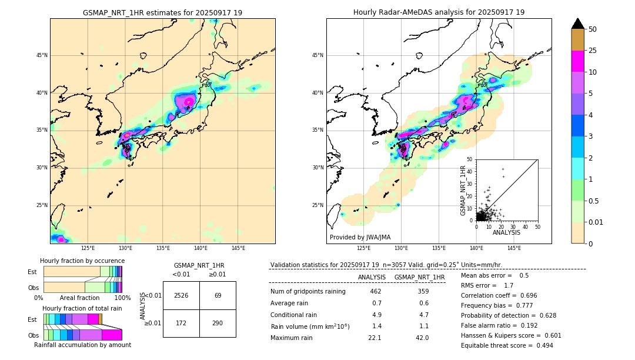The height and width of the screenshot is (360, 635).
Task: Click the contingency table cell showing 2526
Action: click(x=181, y=295)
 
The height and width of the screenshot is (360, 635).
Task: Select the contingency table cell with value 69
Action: click(x=218, y=295)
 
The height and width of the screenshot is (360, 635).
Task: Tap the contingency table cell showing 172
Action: click(x=181, y=324)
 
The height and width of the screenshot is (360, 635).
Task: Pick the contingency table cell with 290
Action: click(x=218, y=324)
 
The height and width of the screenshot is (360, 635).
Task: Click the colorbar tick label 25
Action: click(x=593, y=51)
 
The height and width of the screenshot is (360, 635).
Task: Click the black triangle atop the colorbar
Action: click(x=578, y=24)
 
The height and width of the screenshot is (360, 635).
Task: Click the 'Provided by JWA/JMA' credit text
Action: click(x=360, y=237)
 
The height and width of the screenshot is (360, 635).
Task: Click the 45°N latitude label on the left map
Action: click(x=42, y=55)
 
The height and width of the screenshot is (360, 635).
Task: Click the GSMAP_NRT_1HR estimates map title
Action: click(x=162, y=12)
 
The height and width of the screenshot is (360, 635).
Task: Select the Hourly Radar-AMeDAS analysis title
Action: click(x=439, y=12)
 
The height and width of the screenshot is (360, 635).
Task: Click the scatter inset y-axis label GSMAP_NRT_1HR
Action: click(x=463, y=190)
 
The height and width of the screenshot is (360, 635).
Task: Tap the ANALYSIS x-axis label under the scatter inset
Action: click(x=507, y=232)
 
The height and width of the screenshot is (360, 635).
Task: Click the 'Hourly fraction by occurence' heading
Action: click(x=82, y=261)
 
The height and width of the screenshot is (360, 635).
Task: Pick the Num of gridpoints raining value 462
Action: click(x=376, y=291)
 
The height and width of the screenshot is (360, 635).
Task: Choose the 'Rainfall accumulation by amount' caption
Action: click(x=82, y=345)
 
